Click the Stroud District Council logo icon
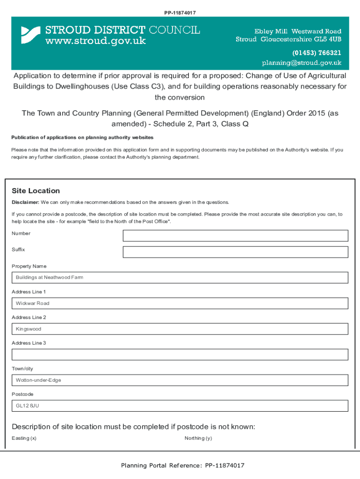pos(31,35)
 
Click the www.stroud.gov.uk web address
pos(95,41)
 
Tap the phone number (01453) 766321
pos(317,52)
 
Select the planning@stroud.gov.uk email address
pos(301,63)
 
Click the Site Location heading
pos(36,191)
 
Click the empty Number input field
pos(235,235)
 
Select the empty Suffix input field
pos(235,252)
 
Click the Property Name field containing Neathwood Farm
pos(180,277)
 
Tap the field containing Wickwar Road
pos(180,303)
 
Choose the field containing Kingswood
pos(180,329)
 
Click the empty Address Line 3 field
pos(180,354)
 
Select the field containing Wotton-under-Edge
pos(180,380)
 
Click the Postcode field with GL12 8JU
pos(180,406)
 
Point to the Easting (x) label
pos(24,438)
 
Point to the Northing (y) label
pos(198,438)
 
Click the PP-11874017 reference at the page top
pos(180,13)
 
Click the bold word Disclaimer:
pos(25,203)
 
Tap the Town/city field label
pos(22,369)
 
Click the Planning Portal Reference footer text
pos(182,465)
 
